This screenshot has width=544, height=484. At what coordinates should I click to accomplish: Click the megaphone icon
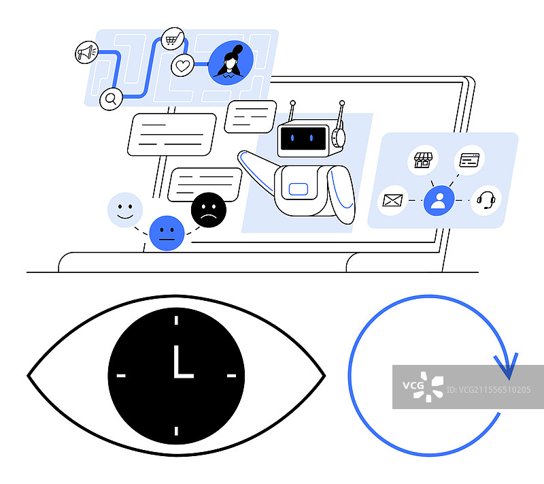[86, 53]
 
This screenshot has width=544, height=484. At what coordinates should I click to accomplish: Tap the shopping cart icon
[173, 39]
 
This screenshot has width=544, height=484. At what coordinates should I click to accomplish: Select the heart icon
[181, 67]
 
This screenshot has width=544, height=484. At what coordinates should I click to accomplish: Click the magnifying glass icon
[109, 99]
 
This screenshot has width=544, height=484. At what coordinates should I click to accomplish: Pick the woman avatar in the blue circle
[231, 63]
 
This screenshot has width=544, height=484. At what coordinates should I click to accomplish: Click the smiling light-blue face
[125, 209]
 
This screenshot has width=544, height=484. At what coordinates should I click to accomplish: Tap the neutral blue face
[166, 233]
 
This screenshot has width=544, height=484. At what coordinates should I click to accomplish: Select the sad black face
[209, 210]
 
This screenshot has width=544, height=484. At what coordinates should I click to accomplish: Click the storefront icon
[423, 161]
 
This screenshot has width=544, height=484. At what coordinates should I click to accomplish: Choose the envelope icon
[393, 200]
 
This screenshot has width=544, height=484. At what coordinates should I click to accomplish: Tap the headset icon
[486, 200]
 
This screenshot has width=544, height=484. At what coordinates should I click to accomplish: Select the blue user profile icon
[439, 201]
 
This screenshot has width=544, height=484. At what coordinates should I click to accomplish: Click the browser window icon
[470, 161]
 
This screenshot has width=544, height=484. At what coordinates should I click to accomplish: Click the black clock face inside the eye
[176, 375]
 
